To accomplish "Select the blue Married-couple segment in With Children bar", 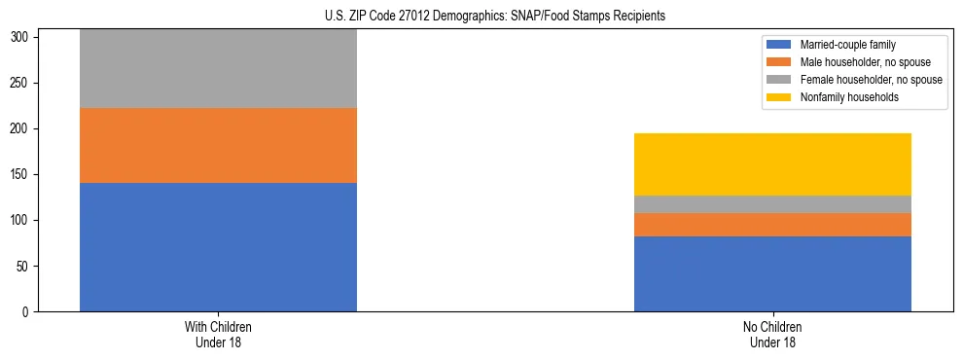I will click(x=218, y=247).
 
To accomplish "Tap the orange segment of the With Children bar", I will click(x=218, y=145).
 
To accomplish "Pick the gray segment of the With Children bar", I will click(x=218, y=68).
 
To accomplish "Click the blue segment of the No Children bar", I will click(x=772, y=273).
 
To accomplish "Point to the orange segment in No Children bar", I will click(x=772, y=225).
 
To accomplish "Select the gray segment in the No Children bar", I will click(x=772, y=204).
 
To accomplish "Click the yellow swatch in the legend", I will click(x=779, y=97).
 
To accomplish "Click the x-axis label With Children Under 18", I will click(x=218, y=335).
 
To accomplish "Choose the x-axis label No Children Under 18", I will click(x=772, y=335).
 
